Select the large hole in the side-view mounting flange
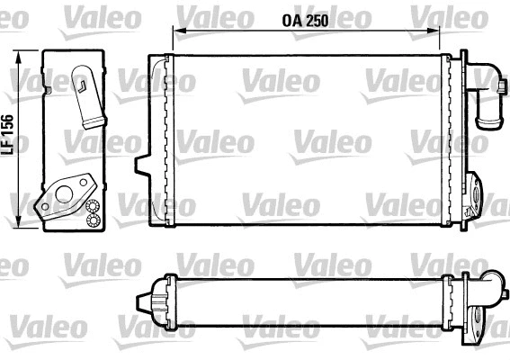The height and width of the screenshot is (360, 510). (x=63, y=191)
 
